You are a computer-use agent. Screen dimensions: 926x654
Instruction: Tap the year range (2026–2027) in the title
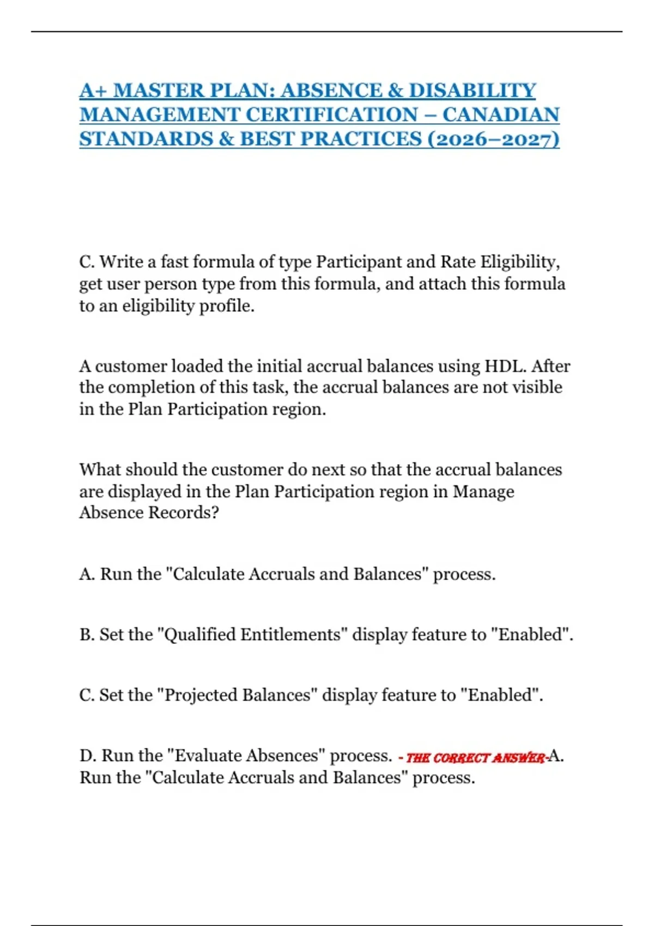click(x=493, y=139)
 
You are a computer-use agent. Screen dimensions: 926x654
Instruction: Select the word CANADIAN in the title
click(x=500, y=115)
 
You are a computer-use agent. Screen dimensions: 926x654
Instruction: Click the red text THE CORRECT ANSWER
click(x=475, y=758)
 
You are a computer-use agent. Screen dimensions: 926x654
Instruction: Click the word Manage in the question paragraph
click(x=483, y=491)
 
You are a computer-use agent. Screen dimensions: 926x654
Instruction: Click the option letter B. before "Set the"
click(x=87, y=635)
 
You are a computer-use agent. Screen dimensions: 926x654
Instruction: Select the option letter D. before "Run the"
click(x=88, y=756)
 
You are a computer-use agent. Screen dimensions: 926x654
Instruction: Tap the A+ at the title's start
click(x=93, y=90)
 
